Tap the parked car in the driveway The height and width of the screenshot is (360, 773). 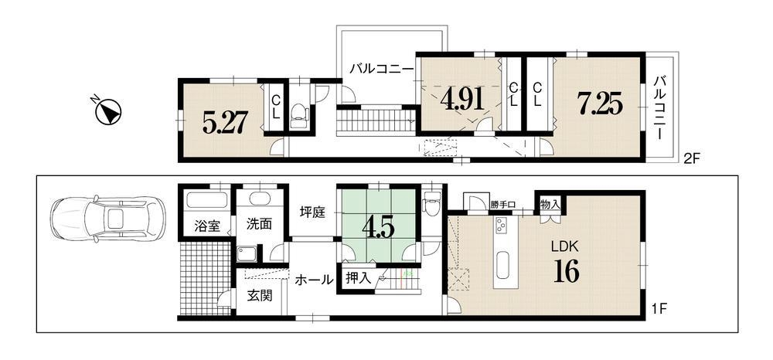108,219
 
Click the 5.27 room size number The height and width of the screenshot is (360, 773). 224,122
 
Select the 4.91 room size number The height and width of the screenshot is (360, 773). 461,100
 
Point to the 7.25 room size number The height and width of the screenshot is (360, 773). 600,104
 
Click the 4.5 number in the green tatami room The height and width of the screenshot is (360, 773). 378,228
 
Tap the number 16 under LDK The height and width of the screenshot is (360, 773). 566,271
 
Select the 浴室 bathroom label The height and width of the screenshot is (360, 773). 206,226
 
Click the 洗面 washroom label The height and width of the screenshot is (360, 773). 259,224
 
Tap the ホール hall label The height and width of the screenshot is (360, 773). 314,280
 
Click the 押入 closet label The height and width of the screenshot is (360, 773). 358,278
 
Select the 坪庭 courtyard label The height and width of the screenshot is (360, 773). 312,213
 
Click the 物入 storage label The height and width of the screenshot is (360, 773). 550,204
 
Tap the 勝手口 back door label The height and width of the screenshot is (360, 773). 503,205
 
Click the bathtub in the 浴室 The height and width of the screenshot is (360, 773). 207,201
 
